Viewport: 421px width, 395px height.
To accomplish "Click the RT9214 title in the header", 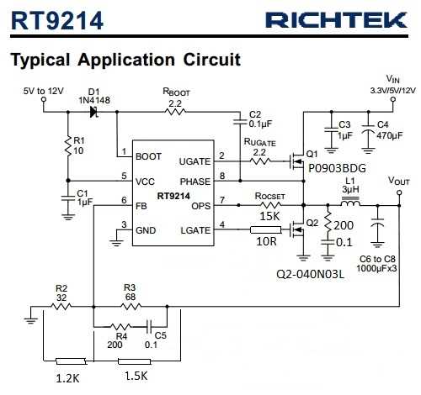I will tap(57, 20).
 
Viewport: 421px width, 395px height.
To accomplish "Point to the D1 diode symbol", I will tap(94, 111).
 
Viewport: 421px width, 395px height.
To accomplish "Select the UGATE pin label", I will tap(195, 160).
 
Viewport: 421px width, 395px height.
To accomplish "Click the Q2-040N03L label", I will tap(311, 274).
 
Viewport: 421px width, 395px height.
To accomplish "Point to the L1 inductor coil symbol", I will tap(351, 203).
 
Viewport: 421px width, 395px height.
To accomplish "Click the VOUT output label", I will tap(397, 180).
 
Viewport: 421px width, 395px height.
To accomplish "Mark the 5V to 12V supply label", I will tap(43, 90).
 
